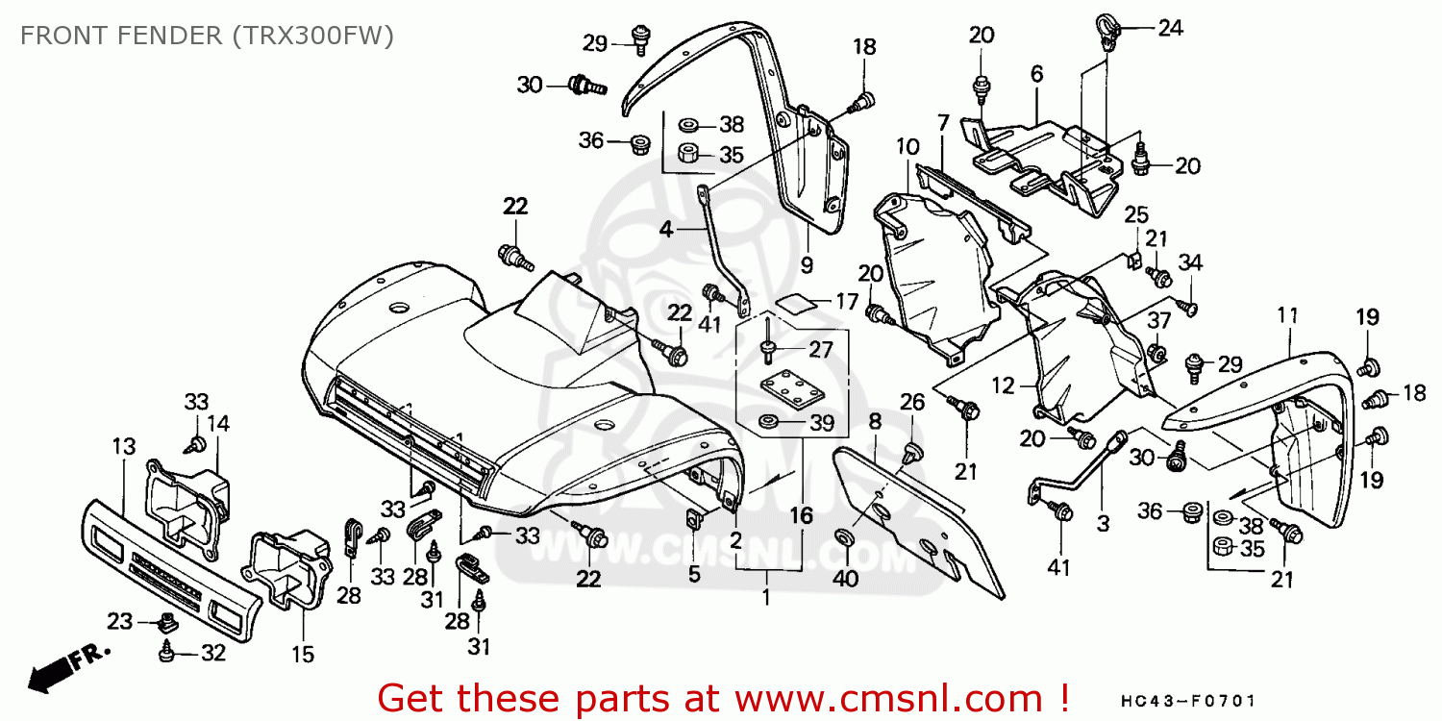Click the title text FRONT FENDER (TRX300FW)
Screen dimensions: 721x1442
pyautogui.click(x=207, y=36)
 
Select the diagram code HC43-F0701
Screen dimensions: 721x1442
pyautogui.click(x=1188, y=703)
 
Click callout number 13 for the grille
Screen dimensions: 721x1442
pyautogui.click(x=123, y=447)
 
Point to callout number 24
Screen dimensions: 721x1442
pyautogui.click(x=1170, y=28)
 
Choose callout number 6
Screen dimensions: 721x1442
pyautogui.click(x=1036, y=73)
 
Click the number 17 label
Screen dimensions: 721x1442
pyautogui.click(x=846, y=301)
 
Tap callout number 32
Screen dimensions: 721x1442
pyautogui.click(x=212, y=654)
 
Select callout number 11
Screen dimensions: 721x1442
pyautogui.click(x=1288, y=314)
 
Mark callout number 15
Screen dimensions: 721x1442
pyautogui.click(x=303, y=655)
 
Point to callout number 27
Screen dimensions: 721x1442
pyautogui.click(x=820, y=348)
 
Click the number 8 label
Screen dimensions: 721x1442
pyautogui.click(x=874, y=420)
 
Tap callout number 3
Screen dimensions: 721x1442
pyautogui.click(x=1103, y=524)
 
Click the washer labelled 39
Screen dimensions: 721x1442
pyautogui.click(x=769, y=421)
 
